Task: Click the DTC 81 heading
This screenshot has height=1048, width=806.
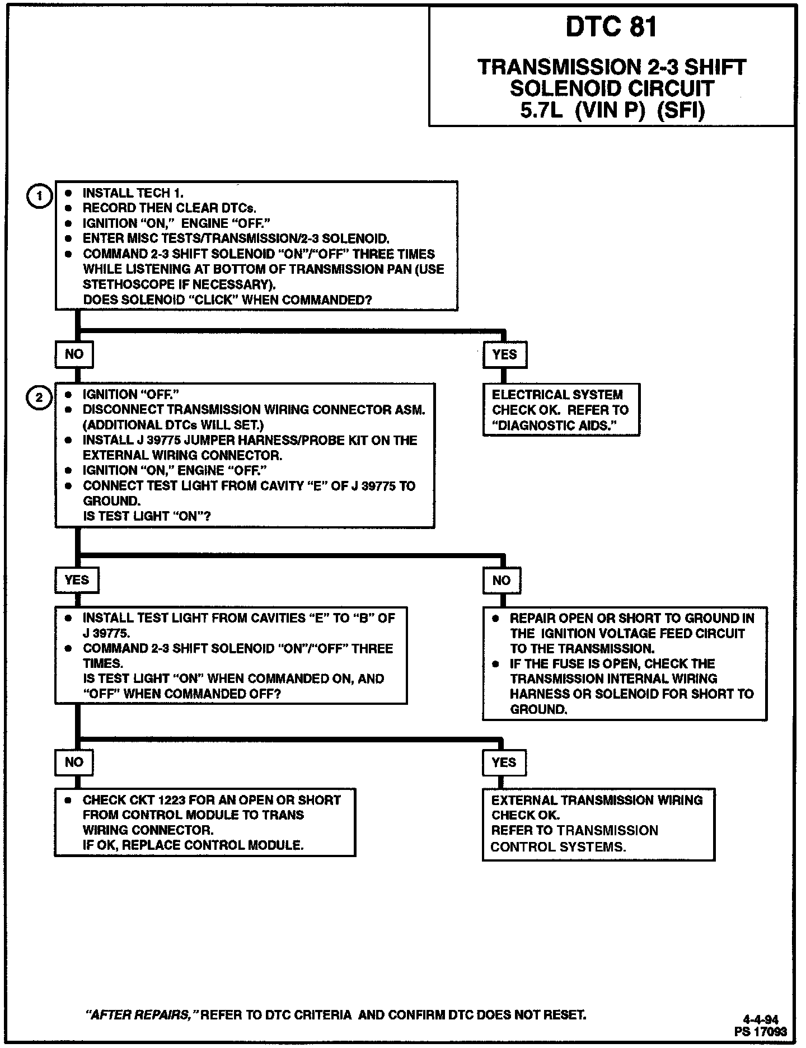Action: [611, 27]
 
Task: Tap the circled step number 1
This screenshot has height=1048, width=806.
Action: [39, 196]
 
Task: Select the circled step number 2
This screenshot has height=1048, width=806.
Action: [39, 398]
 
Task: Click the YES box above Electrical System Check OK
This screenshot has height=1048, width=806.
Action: [504, 354]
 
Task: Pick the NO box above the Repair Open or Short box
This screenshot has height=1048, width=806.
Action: [502, 580]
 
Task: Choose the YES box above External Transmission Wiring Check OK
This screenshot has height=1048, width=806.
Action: [504, 762]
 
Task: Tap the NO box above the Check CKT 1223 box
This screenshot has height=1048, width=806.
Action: [74, 762]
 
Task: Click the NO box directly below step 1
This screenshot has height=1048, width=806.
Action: [74, 354]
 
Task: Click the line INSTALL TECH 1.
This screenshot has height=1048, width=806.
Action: [133, 193]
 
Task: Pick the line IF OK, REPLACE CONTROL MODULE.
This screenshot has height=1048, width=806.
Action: [193, 845]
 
